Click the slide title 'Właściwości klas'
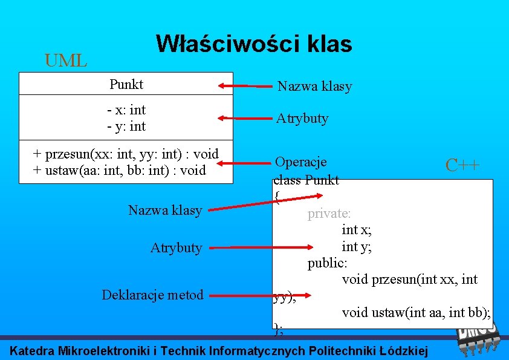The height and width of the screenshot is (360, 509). pyautogui.click(x=254, y=44)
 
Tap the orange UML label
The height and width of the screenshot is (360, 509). pyautogui.click(x=66, y=61)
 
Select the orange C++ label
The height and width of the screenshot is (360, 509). pyautogui.click(x=462, y=165)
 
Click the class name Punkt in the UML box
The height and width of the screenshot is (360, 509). pyautogui.click(x=126, y=84)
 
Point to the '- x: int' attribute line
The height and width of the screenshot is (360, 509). pyautogui.click(x=126, y=110)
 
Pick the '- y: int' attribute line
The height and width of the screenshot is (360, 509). pyautogui.click(x=126, y=126)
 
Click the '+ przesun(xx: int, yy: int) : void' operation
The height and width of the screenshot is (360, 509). pyautogui.click(x=126, y=154)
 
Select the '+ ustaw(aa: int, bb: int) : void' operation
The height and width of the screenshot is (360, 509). pyautogui.click(x=120, y=170)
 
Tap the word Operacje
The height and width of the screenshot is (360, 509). pyautogui.click(x=301, y=162)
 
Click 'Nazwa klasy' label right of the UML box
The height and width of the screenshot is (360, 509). pyautogui.click(x=314, y=87)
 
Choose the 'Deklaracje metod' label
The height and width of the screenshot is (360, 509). pyautogui.click(x=152, y=295)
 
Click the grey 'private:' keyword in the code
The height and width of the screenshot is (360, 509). pyautogui.click(x=329, y=214)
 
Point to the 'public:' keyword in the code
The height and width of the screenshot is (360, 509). pyautogui.click(x=328, y=263)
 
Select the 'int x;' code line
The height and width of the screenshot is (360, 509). pyautogui.click(x=357, y=230)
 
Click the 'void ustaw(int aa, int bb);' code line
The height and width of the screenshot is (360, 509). pyautogui.click(x=416, y=312)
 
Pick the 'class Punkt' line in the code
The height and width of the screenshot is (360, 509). pyautogui.click(x=306, y=180)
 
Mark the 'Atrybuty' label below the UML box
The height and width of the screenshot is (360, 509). pyautogui.click(x=176, y=248)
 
